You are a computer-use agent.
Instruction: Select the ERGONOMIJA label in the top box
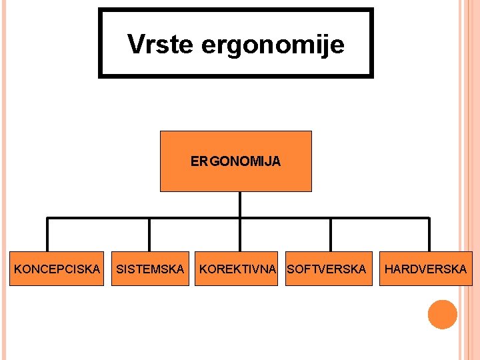[235, 161]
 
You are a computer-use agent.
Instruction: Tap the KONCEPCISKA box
[57, 269]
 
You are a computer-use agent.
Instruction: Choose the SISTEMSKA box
[150, 269]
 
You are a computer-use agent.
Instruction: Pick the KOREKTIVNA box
[237, 269]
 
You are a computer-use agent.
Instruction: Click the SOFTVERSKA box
[328, 269]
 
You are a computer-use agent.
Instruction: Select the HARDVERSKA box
[426, 269]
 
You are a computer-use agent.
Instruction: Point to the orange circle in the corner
[442, 315]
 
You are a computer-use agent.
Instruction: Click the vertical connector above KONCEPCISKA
[47, 235]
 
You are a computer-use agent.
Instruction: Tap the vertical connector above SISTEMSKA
[149, 235]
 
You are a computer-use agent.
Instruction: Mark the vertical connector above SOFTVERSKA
[331, 235]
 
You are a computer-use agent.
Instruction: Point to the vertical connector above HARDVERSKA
[429, 235]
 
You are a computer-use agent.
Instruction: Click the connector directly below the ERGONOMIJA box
[240, 204]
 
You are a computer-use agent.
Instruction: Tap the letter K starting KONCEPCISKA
[18, 269]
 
